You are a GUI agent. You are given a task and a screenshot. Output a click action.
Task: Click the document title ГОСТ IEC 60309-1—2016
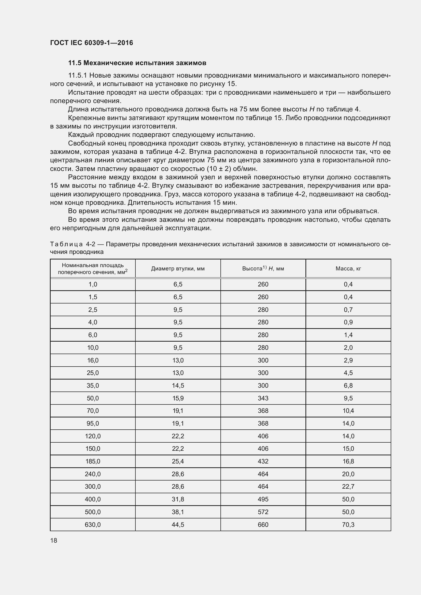click(x=91, y=43)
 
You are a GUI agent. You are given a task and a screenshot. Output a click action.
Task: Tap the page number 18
click(x=54, y=540)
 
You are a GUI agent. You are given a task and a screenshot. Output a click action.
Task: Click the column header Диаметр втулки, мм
click(x=178, y=268)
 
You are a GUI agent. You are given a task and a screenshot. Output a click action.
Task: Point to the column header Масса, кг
click(x=348, y=268)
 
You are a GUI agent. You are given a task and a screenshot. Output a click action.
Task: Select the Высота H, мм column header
click(x=263, y=268)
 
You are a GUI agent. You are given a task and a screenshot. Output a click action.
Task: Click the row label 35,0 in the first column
click(x=93, y=386)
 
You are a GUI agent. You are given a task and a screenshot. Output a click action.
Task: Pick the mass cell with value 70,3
click(x=348, y=525)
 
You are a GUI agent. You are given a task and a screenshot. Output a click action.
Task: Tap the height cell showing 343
click(x=263, y=398)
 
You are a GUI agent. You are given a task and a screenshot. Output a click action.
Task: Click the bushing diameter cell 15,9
click(x=178, y=398)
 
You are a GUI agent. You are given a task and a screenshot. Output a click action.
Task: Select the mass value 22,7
click(x=348, y=487)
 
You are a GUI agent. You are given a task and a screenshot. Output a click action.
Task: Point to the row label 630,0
click(x=93, y=525)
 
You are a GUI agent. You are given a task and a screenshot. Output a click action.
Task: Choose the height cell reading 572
click(x=263, y=512)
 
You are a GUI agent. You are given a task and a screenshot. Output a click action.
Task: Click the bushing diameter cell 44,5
click(x=178, y=525)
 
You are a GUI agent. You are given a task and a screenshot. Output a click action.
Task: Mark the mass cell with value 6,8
click(x=348, y=386)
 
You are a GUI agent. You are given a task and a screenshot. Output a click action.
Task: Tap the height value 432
click(x=263, y=461)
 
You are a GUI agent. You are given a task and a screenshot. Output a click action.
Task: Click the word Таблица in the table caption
click(x=66, y=244)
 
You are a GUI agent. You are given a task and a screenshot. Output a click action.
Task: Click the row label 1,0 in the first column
click(x=93, y=284)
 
